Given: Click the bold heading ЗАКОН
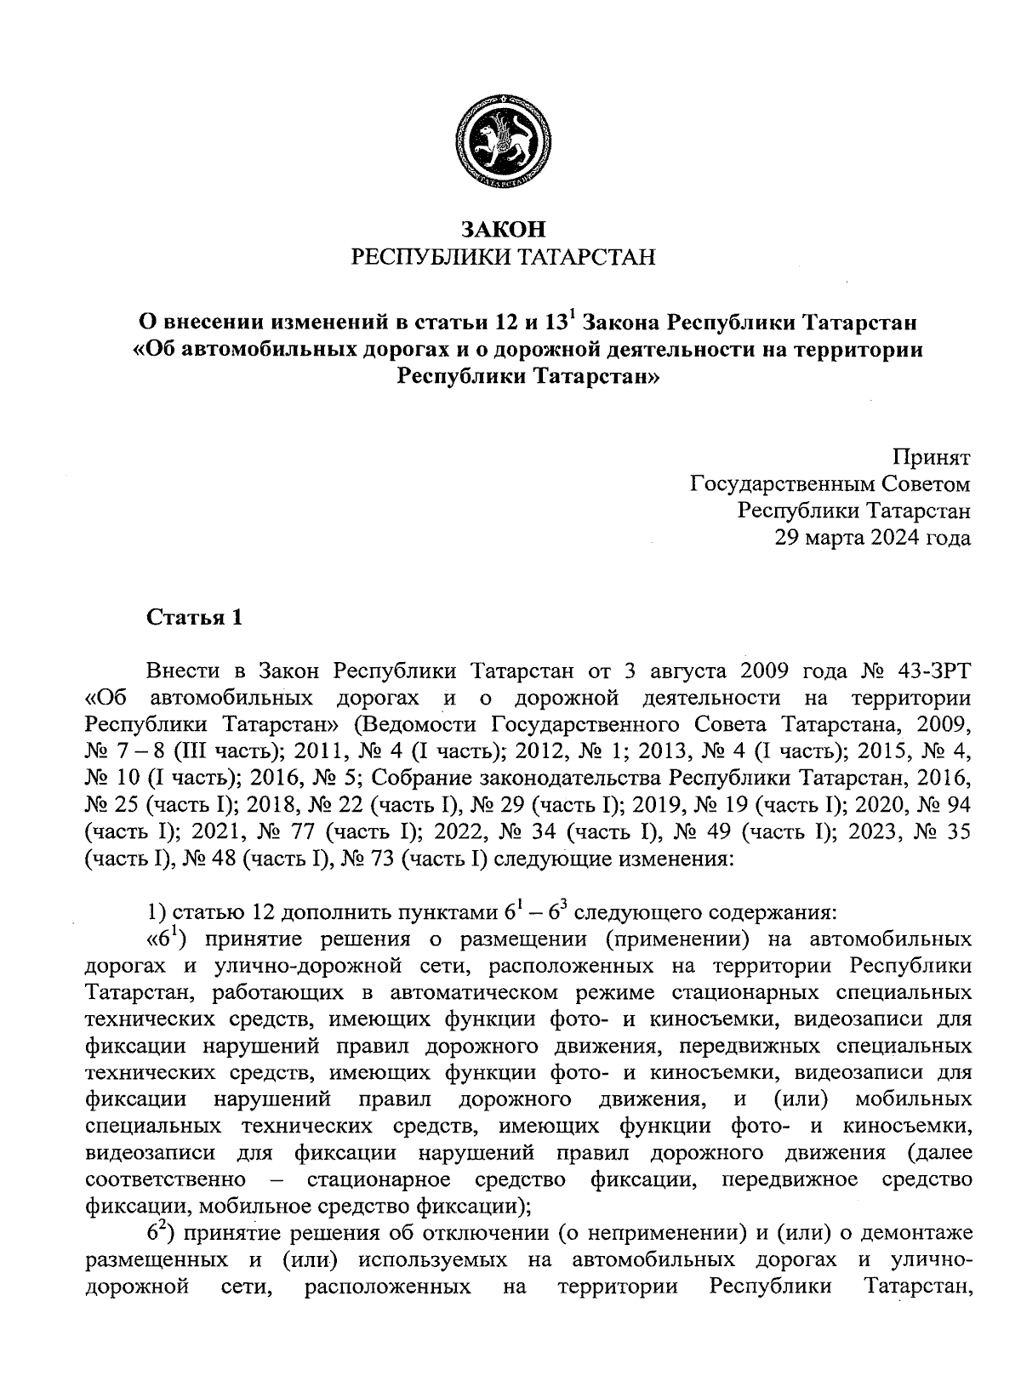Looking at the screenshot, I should (502, 229).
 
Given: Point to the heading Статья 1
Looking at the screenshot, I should (195, 617).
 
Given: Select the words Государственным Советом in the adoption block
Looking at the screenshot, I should (830, 485).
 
